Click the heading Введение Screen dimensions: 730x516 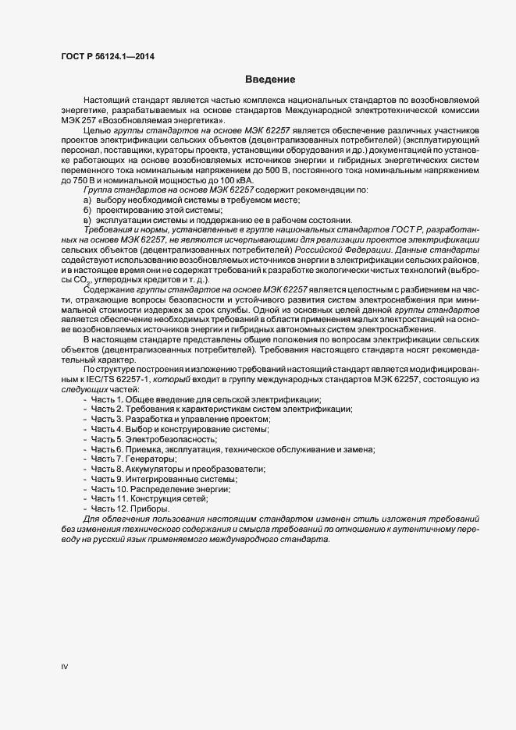click(x=269, y=80)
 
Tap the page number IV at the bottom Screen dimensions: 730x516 click(x=65, y=667)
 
